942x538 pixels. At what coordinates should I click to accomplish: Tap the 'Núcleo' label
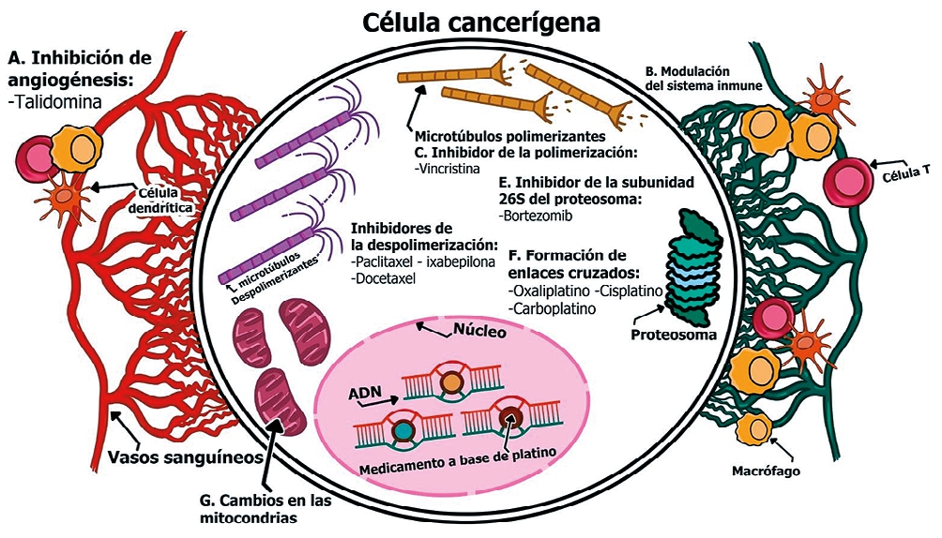click(x=480, y=332)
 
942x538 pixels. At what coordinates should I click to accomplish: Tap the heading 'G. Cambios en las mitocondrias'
click(x=266, y=506)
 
